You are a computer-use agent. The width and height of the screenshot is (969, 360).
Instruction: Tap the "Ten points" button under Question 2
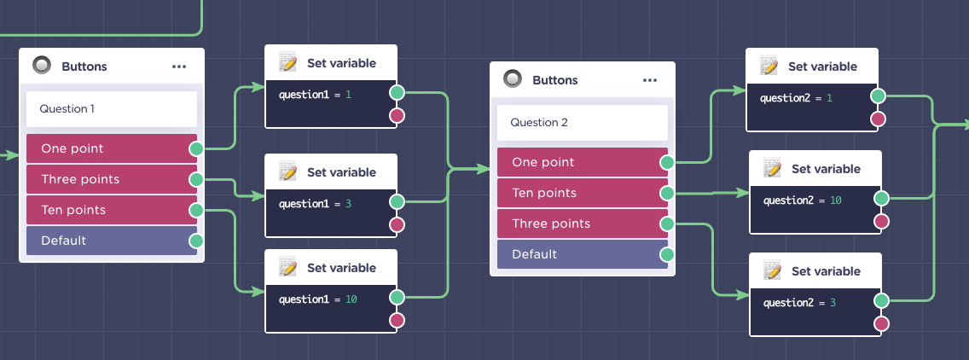[x=582, y=193]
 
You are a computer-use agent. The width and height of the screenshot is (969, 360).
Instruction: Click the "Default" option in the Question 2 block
[x=582, y=254]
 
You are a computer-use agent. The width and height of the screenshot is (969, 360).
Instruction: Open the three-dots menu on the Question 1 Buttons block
[x=179, y=67]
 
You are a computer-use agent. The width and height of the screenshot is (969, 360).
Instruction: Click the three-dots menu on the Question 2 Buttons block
[x=649, y=80]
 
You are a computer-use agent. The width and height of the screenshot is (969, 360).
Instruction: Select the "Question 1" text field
[x=111, y=109]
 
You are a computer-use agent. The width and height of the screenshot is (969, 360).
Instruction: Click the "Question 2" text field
[x=582, y=123]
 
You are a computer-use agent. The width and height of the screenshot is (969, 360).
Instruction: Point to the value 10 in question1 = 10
[x=351, y=299]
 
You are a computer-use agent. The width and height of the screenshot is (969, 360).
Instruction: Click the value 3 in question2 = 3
[x=833, y=303]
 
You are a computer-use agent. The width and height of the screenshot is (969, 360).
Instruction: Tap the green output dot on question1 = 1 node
[x=397, y=93]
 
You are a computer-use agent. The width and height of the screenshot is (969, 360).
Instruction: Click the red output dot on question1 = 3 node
[x=397, y=224]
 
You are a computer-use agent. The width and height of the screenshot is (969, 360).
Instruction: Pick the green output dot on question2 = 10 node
[x=881, y=199]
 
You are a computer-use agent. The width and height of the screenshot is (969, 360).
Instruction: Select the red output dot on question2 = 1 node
[x=878, y=119]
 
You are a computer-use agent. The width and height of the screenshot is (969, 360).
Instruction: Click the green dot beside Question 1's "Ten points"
[x=196, y=211]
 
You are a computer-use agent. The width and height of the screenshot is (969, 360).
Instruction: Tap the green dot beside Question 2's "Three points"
[x=667, y=224]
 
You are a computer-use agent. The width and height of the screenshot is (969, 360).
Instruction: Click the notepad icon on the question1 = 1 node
[x=288, y=62]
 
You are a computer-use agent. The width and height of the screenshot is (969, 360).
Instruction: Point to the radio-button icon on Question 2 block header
[x=513, y=79]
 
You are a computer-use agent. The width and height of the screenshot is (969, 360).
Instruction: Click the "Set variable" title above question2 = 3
[x=826, y=271]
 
